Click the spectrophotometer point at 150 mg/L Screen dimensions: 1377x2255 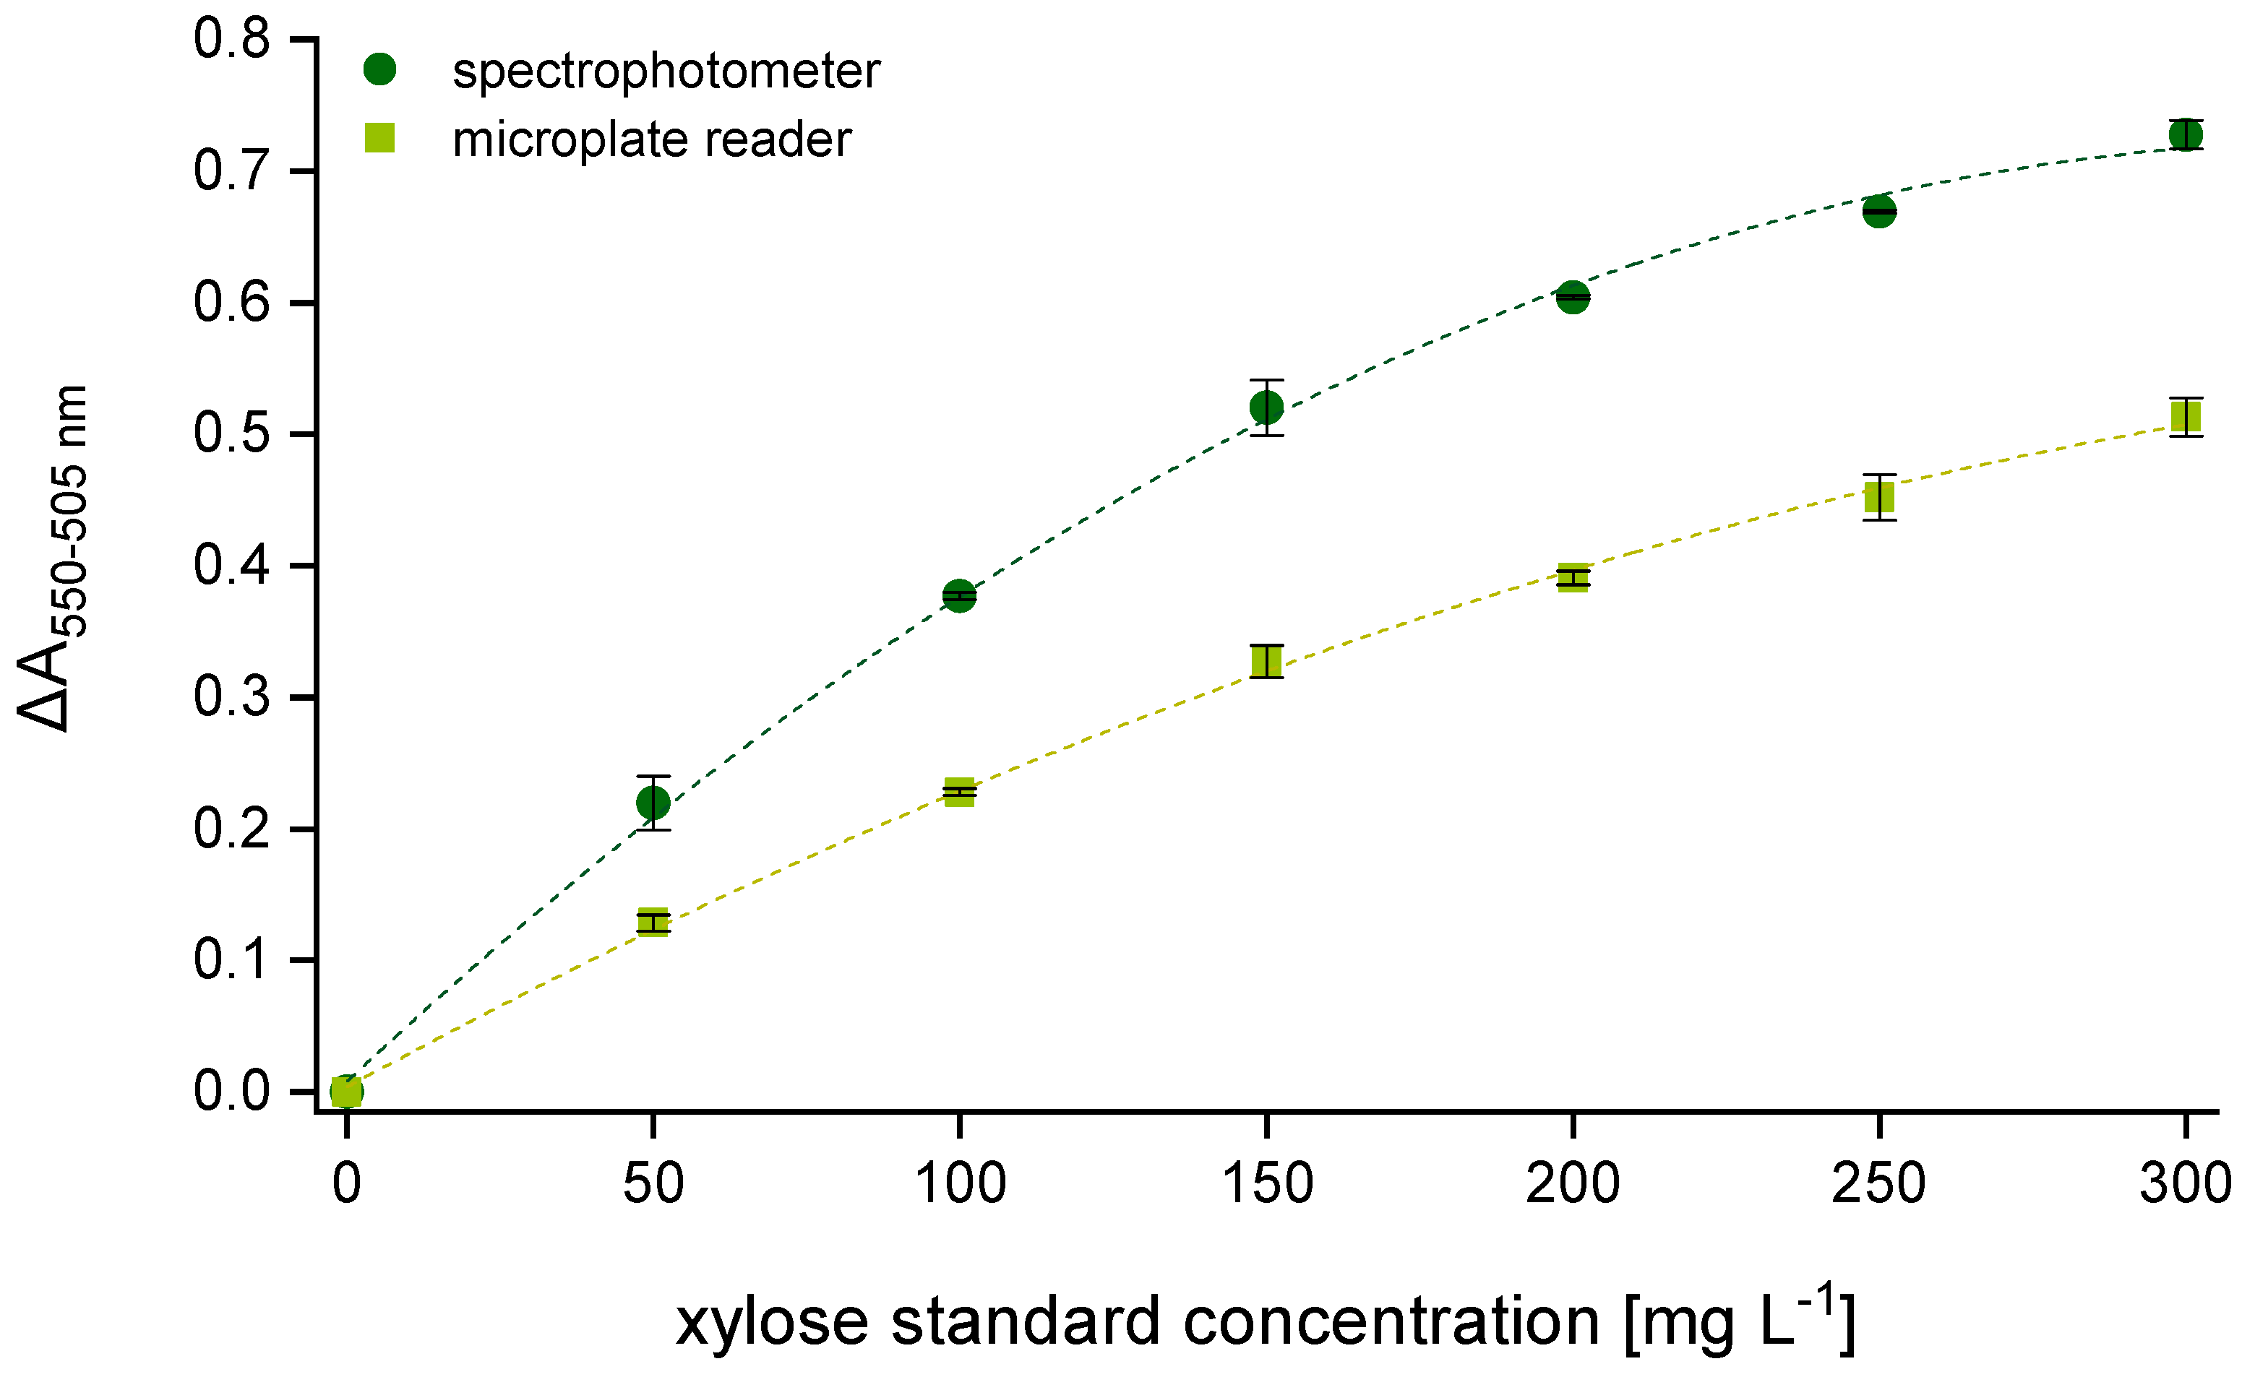click(1266, 407)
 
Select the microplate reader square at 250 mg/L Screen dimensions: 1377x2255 click(1879, 497)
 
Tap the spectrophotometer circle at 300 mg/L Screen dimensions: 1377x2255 click(2186, 135)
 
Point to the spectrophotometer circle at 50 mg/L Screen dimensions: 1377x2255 click(653, 803)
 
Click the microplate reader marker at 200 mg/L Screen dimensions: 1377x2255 click(1572, 577)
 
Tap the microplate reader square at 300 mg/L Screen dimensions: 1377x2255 click(2186, 417)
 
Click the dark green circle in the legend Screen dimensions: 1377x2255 click(379, 69)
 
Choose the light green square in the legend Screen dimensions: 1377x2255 click(379, 138)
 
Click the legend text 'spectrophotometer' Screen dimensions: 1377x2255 click(666, 72)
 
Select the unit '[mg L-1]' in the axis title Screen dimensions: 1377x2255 click(1739, 1320)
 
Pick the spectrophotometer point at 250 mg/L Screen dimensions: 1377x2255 click(1879, 212)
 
